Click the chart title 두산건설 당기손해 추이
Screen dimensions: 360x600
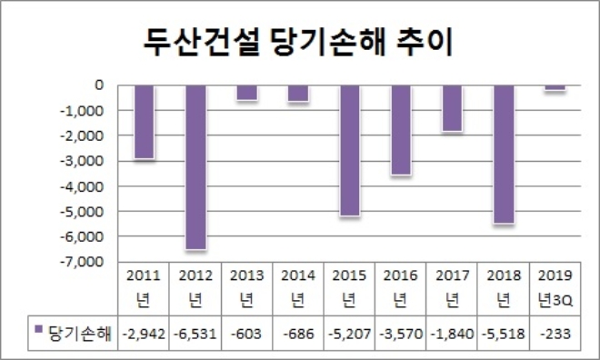(300, 41)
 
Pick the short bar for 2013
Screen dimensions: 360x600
(247, 93)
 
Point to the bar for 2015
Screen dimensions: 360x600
(349, 150)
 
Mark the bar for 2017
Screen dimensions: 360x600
(452, 108)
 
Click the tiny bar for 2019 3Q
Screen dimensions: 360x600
(555, 87)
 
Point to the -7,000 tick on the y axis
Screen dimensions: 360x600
(86, 262)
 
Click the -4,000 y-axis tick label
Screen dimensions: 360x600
(86, 186)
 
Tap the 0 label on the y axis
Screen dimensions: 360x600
(98, 85)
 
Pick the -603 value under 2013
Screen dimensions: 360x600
(247, 333)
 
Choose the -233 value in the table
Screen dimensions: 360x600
(555, 333)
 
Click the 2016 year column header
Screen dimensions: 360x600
(401, 286)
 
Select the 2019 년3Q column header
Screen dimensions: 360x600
(555, 286)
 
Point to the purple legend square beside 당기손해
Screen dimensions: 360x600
(38, 332)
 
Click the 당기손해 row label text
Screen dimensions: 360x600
(78, 333)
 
